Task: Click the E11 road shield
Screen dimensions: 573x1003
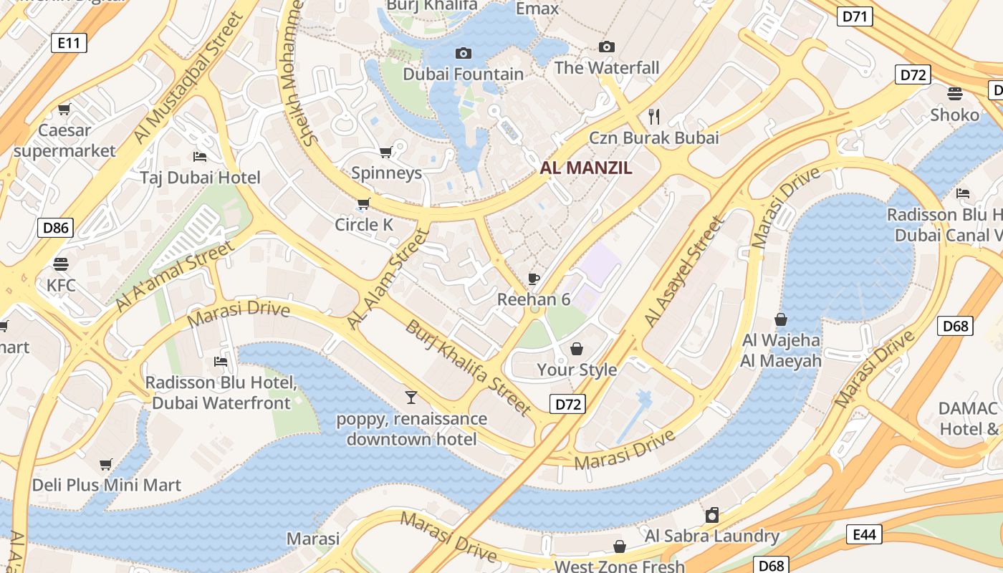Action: click(69, 43)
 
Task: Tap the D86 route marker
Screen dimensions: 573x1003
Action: click(55, 228)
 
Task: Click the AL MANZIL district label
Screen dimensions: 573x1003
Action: click(586, 168)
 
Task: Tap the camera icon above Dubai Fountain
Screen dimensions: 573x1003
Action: click(464, 53)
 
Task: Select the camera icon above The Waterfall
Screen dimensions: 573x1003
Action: click(607, 47)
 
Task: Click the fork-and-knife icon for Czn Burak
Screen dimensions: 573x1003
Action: click(653, 116)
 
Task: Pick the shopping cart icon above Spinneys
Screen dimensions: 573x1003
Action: click(385, 152)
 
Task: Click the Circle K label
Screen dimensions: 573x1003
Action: click(364, 225)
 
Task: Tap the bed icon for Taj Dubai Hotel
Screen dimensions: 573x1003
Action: click(200, 156)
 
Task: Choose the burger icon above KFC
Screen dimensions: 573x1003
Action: click(61, 264)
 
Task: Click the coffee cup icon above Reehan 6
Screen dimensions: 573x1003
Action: click(533, 279)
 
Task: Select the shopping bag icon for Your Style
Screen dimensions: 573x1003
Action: click(577, 349)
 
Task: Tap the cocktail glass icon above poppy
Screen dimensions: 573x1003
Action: click(411, 398)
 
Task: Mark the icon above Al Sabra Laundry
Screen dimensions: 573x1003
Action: click(711, 515)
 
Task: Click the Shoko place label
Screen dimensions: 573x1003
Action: click(954, 115)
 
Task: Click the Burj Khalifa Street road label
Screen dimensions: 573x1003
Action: click(469, 367)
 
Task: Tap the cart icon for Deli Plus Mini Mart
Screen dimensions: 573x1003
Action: click(106, 464)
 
